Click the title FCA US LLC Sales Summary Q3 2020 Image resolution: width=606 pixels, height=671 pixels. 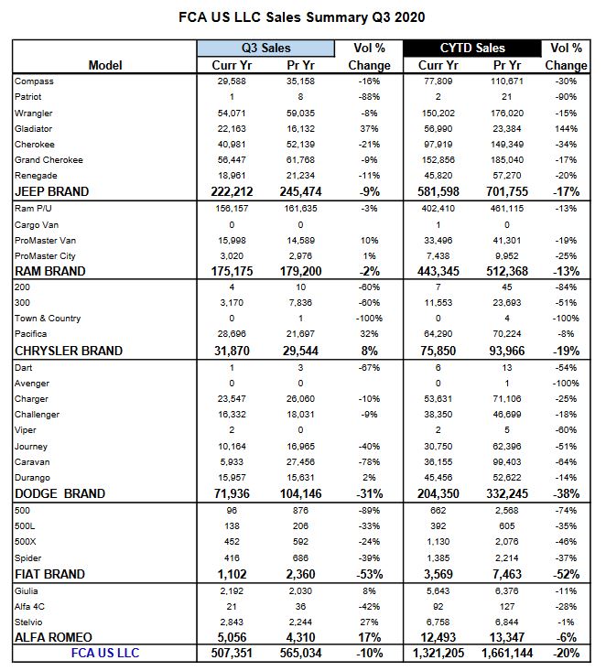point(303,16)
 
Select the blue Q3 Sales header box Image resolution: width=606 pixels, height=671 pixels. point(266,48)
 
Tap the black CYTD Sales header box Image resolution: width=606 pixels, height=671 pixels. point(473,48)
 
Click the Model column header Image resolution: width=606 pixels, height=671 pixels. point(106,65)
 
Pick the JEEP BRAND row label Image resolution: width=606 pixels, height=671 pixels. point(51,191)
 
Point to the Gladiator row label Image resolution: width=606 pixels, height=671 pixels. point(34,128)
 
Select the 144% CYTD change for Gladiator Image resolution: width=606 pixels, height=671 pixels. point(566,128)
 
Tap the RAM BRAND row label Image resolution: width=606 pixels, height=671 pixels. point(49,271)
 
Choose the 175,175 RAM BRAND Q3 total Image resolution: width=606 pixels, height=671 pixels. point(233,271)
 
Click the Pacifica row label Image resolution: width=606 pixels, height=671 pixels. point(31,334)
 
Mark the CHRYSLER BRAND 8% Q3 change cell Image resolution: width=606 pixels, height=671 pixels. point(369,351)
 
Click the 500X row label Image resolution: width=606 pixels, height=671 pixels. point(26,541)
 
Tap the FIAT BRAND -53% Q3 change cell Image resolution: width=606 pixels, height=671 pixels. point(369,574)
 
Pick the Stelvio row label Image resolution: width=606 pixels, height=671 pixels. point(29,621)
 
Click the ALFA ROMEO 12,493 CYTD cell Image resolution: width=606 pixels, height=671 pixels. point(439,637)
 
